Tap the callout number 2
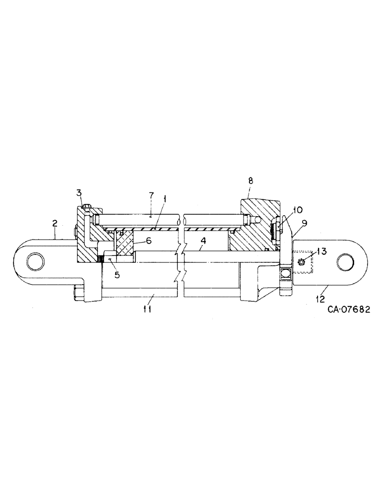pyautogui.click(x=56, y=224)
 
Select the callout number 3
pyautogui.click(x=78, y=193)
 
